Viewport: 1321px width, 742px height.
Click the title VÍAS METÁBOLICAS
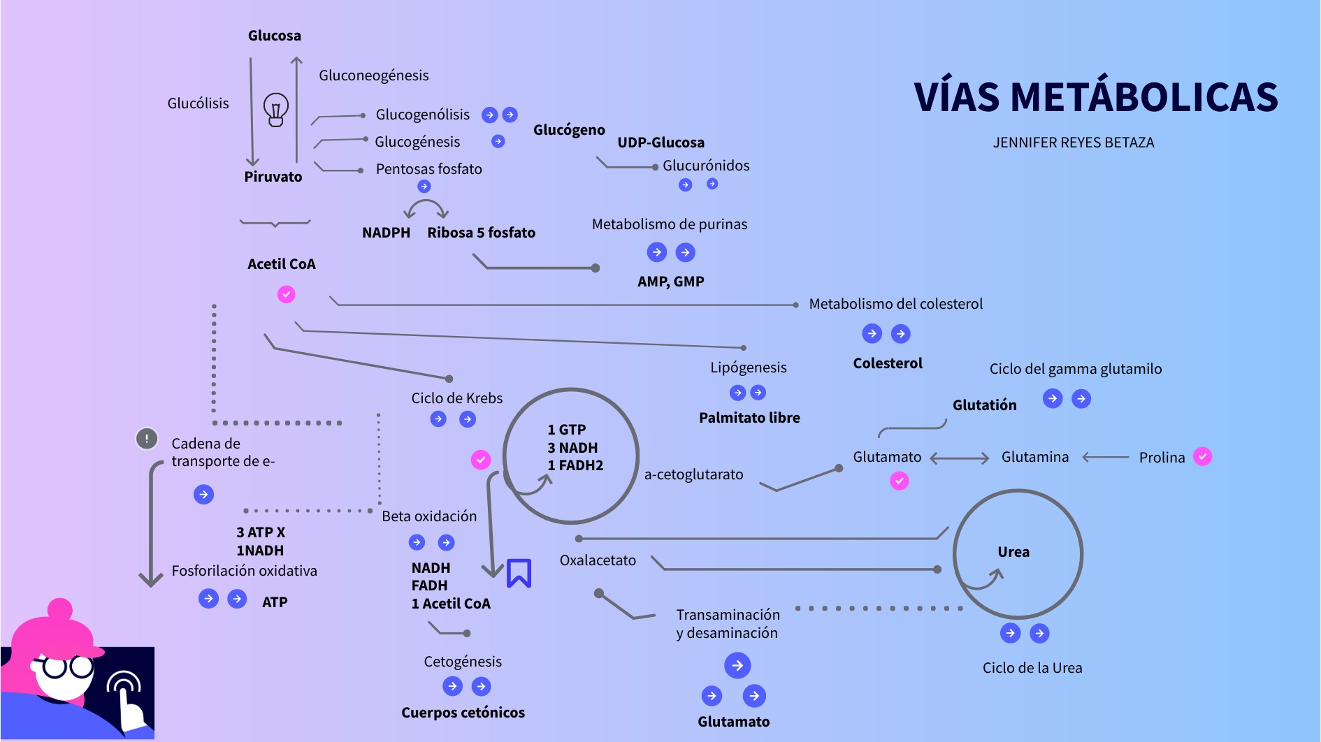[x=1095, y=96]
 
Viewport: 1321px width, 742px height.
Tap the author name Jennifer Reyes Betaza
[x=1073, y=143]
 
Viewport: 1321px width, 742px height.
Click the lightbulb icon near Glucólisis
[x=275, y=110]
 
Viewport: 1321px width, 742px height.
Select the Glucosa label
[x=274, y=36]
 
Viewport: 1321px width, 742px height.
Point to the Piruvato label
[x=273, y=177]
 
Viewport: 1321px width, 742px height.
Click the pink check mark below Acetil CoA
[x=286, y=294]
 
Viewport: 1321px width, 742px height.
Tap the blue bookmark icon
[x=519, y=573]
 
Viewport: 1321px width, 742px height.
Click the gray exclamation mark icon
[x=147, y=439]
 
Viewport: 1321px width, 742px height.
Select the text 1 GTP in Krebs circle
[x=566, y=430]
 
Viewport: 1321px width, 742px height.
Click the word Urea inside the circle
[x=1013, y=552]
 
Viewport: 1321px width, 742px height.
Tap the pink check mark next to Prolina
[x=1202, y=456]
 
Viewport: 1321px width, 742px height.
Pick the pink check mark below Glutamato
[x=899, y=481]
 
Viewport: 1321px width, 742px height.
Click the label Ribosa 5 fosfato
[x=481, y=233]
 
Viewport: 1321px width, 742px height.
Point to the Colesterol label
[x=887, y=363]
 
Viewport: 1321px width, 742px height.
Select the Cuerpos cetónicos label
[x=463, y=713]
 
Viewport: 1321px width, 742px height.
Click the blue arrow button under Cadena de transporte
[x=203, y=495]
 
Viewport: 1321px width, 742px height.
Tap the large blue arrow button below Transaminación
[x=737, y=665]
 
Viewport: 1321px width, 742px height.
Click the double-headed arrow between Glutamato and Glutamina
[x=960, y=458]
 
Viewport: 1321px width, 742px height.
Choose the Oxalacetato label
[x=598, y=560]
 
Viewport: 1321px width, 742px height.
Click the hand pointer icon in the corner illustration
[x=126, y=699]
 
